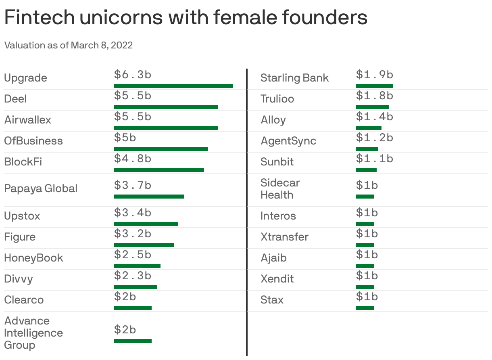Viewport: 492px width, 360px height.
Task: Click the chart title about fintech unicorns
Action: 186,17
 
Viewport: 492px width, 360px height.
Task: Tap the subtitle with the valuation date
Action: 68,45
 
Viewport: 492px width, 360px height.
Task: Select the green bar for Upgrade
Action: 173,86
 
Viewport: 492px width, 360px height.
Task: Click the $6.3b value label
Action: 132,75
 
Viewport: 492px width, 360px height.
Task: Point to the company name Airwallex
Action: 27,120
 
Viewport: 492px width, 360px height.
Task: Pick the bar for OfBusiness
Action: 161,149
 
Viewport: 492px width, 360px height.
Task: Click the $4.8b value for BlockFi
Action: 132,159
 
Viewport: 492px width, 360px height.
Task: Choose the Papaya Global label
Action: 41,188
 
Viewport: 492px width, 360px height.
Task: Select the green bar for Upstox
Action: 146,224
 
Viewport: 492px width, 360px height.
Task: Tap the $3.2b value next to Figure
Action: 132,234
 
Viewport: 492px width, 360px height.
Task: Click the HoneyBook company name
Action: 33,258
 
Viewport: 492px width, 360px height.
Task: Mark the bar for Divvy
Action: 135,287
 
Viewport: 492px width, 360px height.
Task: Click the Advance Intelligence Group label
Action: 33,333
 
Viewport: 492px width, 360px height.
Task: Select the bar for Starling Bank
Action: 374,86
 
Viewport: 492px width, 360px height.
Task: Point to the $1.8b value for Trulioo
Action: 374,96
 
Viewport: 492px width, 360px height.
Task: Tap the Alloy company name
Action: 273,120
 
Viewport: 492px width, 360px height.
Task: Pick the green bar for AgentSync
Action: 367,149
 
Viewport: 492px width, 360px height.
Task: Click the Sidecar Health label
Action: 280,189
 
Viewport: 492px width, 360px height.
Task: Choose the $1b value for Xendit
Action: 367,276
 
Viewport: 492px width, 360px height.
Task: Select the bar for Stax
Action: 365,308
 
